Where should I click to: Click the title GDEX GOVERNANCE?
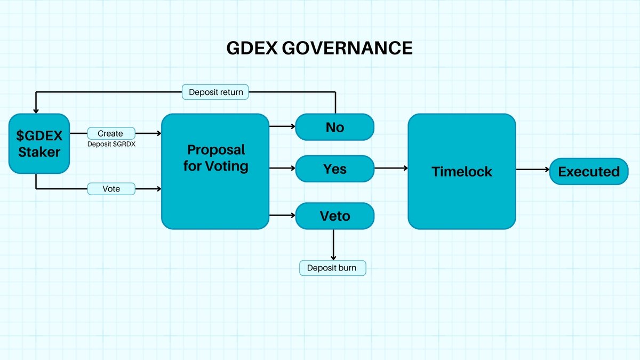tap(319, 48)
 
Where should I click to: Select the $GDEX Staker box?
tap(39, 144)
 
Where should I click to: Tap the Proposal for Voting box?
tap(215, 171)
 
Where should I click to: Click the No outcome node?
tap(335, 127)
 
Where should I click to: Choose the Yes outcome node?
tap(335, 169)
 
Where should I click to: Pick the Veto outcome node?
tap(335, 216)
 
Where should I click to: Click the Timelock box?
tap(462, 171)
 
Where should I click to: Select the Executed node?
tap(589, 171)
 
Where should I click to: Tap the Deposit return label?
tap(216, 92)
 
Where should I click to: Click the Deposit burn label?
tap(333, 268)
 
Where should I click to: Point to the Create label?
tap(110, 133)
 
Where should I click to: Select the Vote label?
tap(111, 189)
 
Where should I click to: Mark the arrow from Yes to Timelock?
tap(391, 169)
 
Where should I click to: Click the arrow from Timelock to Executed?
tap(532, 170)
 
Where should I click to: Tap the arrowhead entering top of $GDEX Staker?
tap(36, 110)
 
